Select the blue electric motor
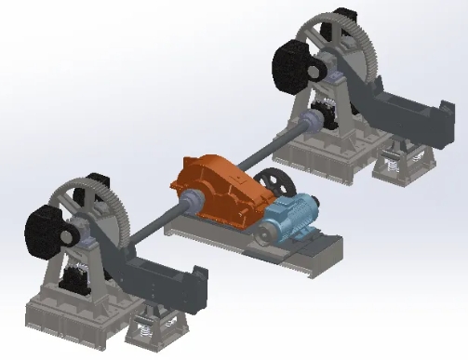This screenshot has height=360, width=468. point(290,220)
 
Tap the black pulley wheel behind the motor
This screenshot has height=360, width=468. point(273,182)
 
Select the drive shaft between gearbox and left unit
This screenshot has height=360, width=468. point(149,224)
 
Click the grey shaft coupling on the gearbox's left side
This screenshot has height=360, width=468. point(191,200)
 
